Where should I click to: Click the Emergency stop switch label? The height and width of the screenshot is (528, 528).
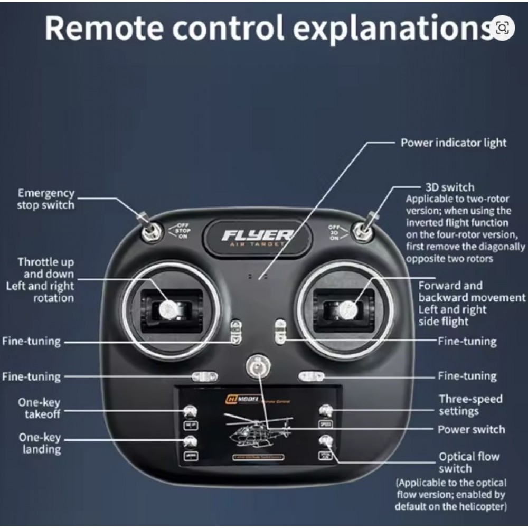(46, 199)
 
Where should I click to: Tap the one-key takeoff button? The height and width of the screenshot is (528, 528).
(190, 411)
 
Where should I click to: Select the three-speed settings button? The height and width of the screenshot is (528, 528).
(326, 410)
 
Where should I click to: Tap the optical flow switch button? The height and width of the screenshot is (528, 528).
(326, 440)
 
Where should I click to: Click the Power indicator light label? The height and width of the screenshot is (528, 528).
(454, 143)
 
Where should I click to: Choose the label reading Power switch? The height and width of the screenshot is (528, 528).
(471, 429)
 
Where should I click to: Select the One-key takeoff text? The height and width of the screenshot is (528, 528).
(40, 408)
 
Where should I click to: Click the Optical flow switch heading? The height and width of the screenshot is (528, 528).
(469, 463)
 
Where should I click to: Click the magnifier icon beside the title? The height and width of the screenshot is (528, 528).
(502, 27)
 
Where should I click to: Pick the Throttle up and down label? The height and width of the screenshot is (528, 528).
(46, 268)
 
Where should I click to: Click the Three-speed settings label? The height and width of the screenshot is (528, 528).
(470, 404)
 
